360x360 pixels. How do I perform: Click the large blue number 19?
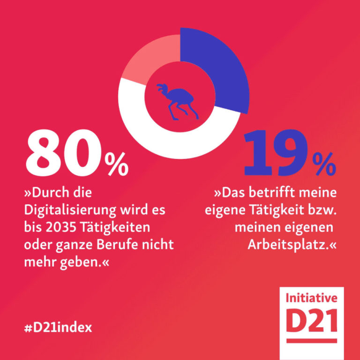pos(274,153)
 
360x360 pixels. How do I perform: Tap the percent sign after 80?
pos(116,165)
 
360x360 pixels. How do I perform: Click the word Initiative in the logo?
pos(311,298)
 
